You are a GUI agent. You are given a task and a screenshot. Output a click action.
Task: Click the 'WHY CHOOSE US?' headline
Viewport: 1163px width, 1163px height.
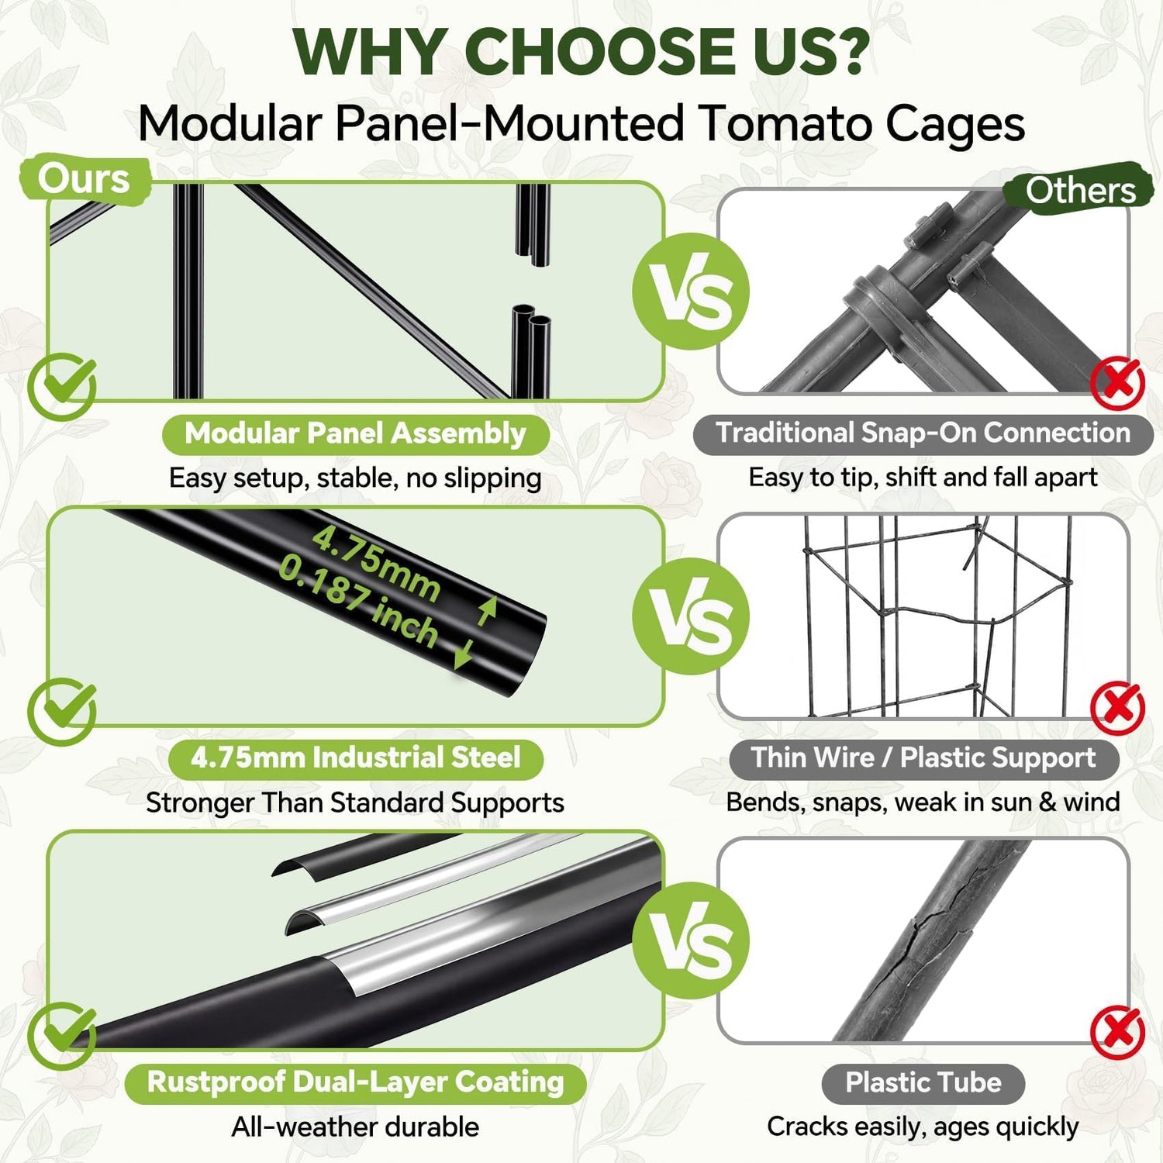[581, 51]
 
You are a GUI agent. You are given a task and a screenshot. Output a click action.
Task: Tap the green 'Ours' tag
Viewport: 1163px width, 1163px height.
[84, 180]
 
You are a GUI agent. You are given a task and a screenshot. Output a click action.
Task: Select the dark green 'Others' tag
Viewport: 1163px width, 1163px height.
[1079, 189]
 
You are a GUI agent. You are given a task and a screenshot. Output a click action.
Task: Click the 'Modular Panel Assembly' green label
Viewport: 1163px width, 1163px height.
[355, 433]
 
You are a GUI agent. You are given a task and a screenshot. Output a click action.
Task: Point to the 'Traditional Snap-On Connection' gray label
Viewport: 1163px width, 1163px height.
[923, 433]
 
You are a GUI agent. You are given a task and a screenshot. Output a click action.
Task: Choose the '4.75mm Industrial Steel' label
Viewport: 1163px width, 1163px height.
[355, 758]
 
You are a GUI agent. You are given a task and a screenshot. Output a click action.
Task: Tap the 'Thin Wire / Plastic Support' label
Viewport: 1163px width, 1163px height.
[923, 758]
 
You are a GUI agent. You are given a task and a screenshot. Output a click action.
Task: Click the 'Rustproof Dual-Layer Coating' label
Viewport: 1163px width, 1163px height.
[355, 1082]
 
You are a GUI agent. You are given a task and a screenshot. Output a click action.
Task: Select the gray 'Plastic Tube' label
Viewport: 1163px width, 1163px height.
[923, 1082]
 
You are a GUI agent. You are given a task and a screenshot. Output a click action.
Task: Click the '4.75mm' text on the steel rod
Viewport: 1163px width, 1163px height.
[377, 564]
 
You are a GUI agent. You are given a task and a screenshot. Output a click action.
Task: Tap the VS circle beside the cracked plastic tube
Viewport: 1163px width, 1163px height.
[691, 940]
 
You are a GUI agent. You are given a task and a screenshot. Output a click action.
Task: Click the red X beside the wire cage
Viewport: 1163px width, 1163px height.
[1117, 709]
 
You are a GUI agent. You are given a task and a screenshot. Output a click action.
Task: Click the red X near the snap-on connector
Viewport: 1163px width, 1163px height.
[1117, 383]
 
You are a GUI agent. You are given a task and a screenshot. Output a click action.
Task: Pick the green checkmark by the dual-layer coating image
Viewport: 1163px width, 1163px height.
[62, 1036]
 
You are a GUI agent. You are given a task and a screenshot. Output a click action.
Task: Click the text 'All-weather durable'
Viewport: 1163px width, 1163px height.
[355, 1127]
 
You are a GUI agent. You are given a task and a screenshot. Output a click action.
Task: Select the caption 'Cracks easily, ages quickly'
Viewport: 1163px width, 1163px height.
[923, 1127]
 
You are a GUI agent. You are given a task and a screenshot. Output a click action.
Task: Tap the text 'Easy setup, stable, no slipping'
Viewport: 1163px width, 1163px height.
[355, 478]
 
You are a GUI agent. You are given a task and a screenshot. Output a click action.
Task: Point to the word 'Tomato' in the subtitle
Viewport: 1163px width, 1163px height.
[785, 124]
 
